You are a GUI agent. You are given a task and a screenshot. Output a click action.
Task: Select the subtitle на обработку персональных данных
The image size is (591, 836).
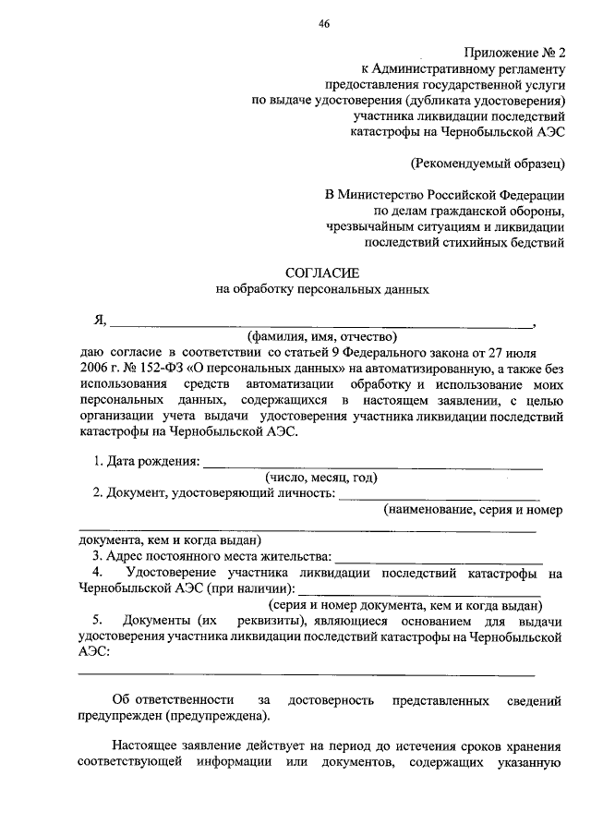tap(322, 289)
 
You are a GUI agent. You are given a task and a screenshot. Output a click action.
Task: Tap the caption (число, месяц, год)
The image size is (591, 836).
tap(321, 478)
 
